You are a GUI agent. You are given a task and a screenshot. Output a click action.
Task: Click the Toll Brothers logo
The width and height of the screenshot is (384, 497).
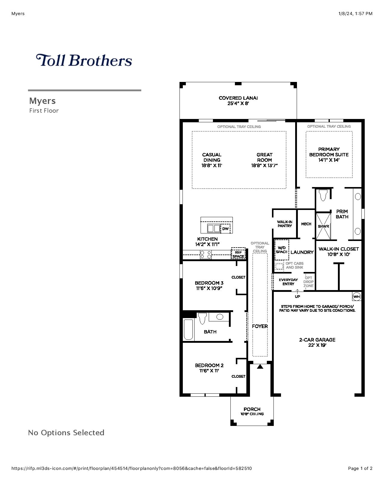[x=84, y=60]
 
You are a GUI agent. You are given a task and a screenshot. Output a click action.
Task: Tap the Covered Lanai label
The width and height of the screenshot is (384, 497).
[x=238, y=98]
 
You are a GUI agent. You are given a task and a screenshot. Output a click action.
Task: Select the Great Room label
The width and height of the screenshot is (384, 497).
[x=264, y=157]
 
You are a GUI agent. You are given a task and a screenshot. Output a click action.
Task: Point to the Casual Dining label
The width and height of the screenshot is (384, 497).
[x=212, y=157]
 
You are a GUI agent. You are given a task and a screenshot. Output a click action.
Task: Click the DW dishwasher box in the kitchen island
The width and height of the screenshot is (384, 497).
[x=225, y=229]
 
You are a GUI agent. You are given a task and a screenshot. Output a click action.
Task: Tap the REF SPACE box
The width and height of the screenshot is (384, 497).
[x=238, y=253]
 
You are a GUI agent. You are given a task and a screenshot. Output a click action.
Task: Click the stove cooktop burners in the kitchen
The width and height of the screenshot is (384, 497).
[x=206, y=255]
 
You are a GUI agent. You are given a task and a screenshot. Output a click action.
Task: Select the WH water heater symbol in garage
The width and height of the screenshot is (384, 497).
[x=357, y=297]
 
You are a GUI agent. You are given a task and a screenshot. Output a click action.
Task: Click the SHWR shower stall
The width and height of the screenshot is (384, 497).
[x=323, y=226]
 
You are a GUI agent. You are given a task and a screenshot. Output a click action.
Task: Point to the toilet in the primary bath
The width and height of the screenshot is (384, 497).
[x=323, y=195]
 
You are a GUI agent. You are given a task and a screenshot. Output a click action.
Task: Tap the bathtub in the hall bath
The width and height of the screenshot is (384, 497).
[x=189, y=329]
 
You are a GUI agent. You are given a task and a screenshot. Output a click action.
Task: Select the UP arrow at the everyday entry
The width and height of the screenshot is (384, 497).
[x=297, y=292]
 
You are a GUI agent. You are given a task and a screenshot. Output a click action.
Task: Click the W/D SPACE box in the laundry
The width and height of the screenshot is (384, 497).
[x=282, y=250]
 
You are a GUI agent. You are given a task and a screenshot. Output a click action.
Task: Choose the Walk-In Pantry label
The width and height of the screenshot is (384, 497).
[x=285, y=224]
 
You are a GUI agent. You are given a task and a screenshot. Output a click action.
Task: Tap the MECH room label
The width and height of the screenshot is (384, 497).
[x=306, y=224]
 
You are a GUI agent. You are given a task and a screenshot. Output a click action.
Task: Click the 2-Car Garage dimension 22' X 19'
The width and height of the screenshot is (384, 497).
[x=317, y=345]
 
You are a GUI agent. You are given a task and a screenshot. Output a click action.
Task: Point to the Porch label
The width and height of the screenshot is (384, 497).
[x=252, y=409]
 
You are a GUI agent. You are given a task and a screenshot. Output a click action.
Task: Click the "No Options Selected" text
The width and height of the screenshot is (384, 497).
[x=66, y=433]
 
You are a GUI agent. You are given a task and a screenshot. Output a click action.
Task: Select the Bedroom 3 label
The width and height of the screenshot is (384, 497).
[x=209, y=283]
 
